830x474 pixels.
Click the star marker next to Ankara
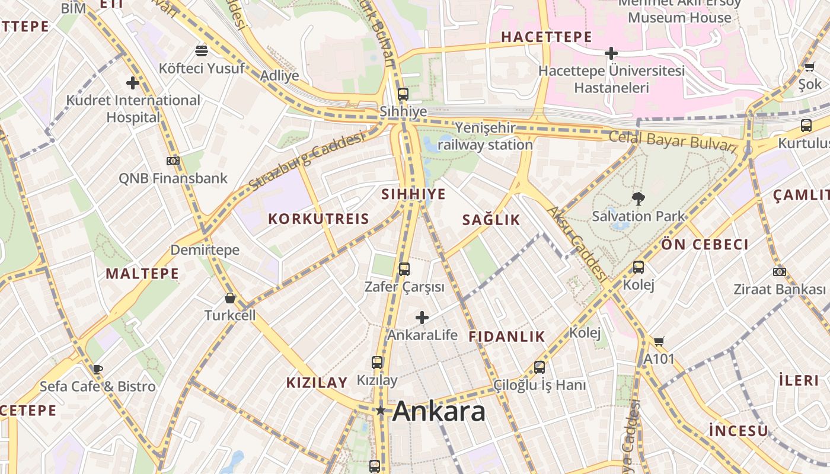pos(380,411)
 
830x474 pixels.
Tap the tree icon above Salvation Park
pos(638,198)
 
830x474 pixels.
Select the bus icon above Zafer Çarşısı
pos(404,269)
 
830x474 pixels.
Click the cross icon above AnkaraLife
pos(422,318)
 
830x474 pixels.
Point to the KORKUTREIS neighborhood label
pos(318,219)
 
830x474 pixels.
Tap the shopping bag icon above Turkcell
pos(230,298)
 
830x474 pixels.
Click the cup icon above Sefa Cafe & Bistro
pos(98,369)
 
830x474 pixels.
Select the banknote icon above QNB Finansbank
pos(173,161)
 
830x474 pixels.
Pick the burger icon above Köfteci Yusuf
pos(202,50)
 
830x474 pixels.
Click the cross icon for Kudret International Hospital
pos(133,83)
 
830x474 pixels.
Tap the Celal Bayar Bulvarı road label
pos(672,141)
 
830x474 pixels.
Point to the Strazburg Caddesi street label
pos(306,161)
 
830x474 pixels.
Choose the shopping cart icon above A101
pos(659,341)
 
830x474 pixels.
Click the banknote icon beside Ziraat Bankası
pos(780,272)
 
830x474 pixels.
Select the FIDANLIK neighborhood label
pos(506,337)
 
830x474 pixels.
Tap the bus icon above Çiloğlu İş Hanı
pos(539,367)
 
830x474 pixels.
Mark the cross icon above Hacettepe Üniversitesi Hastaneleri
pos(611,53)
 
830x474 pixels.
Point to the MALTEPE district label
pos(142,274)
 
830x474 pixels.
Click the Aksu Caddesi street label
pos(577,244)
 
